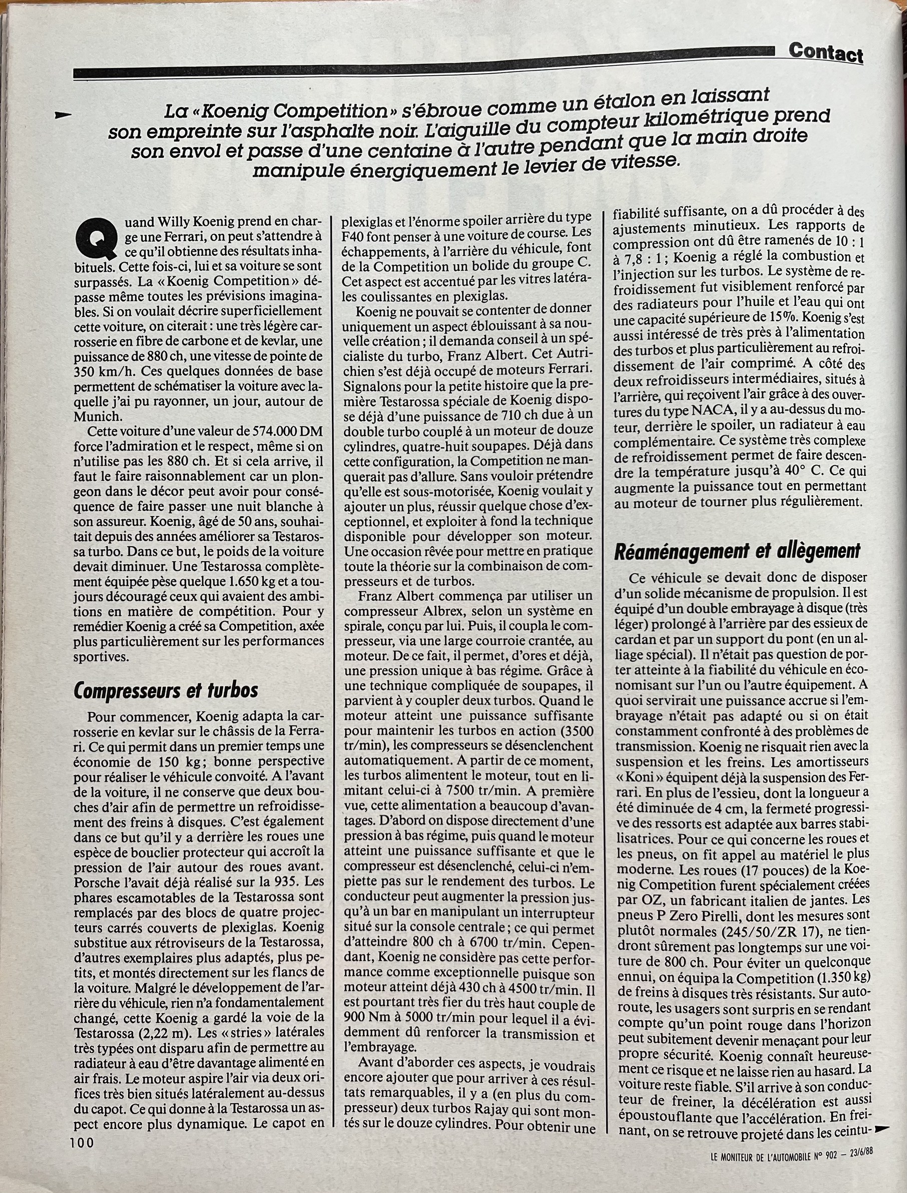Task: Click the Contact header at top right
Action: click(x=825, y=53)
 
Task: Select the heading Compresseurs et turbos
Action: click(x=166, y=690)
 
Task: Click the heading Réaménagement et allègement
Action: click(x=737, y=551)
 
